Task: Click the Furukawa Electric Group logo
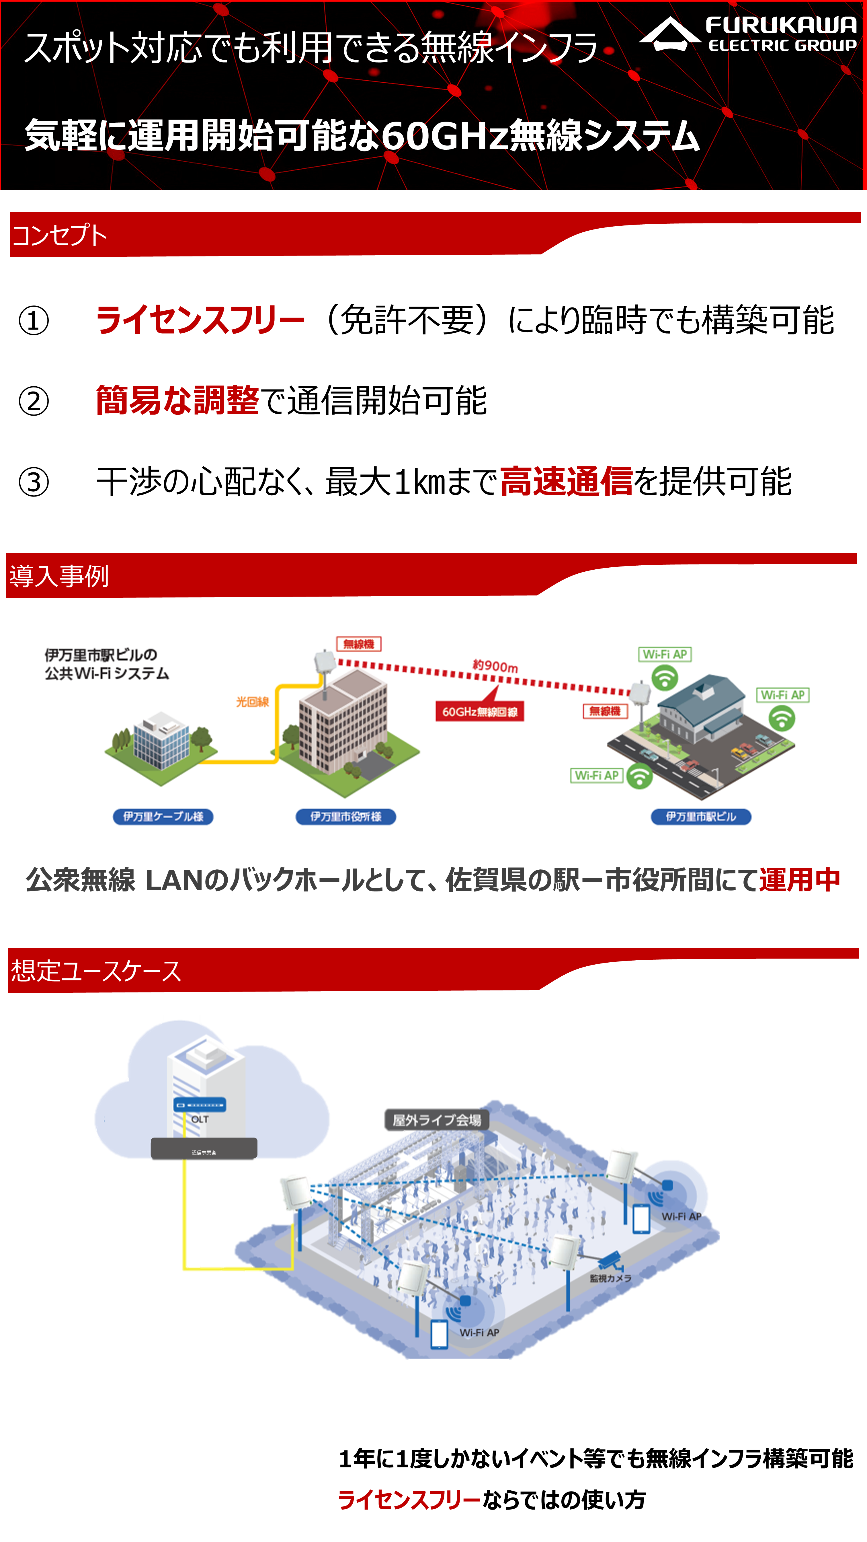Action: tap(749, 35)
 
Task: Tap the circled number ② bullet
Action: tap(34, 401)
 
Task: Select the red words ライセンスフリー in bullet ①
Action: tap(200, 320)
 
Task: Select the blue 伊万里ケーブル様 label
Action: tap(163, 817)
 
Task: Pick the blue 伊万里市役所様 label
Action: tap(346, 817)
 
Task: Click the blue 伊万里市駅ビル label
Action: tap(701, 817)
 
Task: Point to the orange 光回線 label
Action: tap(252, 702)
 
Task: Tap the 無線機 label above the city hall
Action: tap(358, 644)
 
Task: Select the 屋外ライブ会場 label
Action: tap(437, 1120)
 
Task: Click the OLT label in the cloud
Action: tap(200, 1119)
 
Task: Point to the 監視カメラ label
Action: tap(610, 1278)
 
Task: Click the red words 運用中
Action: tap(799, 880)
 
